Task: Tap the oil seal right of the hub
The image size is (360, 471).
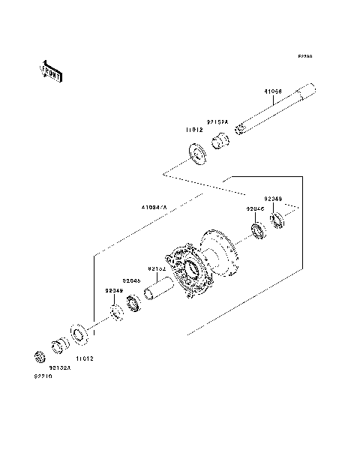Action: click(x=277, y=220)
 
